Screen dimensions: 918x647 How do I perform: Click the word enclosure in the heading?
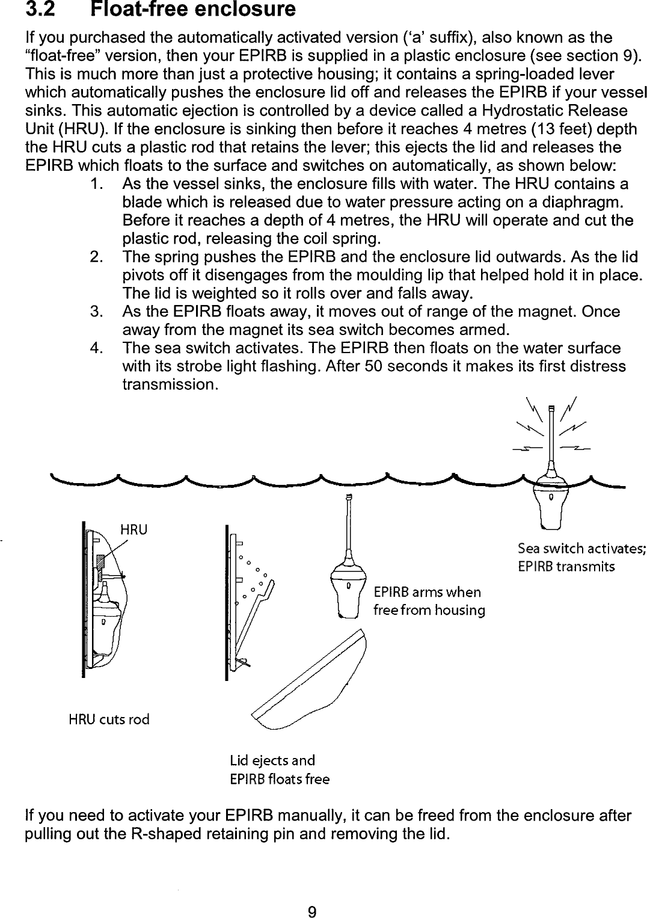click(244, 10)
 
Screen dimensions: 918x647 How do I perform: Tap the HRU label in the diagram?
click(133, 529)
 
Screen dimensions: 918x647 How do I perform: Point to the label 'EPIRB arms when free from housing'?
click(429, 601)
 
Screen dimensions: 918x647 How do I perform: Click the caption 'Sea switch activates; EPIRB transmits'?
click(581, 557)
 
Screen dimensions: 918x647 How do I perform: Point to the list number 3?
click(95, 312)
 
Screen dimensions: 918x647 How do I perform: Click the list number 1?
click(95, 184)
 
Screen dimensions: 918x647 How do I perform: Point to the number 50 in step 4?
click(375, 366)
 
